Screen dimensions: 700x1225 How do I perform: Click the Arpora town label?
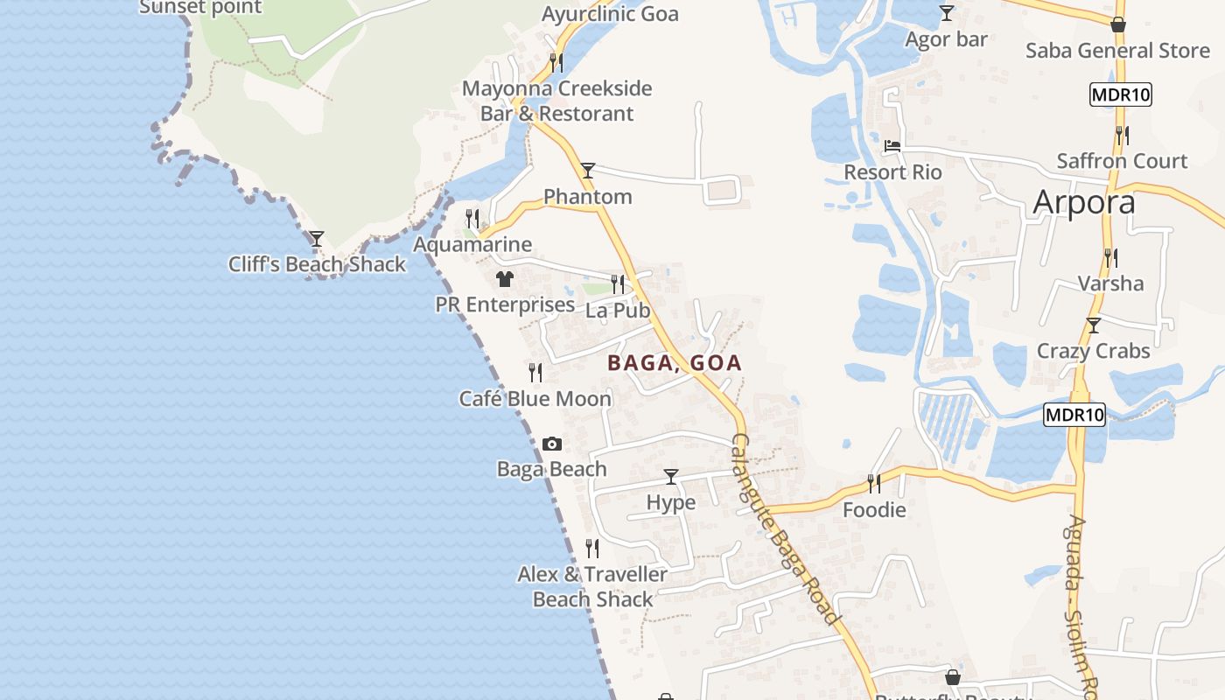pos(1084,202)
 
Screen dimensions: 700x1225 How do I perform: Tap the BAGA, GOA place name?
pos(675,363)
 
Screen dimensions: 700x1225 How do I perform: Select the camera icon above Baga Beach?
pos(551,444)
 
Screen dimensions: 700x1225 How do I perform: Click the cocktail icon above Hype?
pos(671,477)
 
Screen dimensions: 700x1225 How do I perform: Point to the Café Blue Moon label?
pos(535,399)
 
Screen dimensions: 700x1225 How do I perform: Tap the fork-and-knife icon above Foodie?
pos(873,483)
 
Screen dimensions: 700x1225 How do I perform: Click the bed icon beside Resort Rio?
pos(892,146)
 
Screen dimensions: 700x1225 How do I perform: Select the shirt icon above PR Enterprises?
pos(505,280)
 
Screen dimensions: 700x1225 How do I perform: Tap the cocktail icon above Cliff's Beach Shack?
pos(317,238)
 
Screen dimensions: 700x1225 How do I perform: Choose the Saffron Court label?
pos(1122,161)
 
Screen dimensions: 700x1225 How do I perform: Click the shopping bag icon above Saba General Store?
pos(1117,24)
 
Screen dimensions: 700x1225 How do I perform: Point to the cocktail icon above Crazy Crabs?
pos(1093,325)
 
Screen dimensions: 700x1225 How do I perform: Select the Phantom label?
pos(588,197)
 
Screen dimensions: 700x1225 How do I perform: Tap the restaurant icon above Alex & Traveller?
pos(592,549)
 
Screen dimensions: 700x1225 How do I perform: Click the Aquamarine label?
pos(472,244)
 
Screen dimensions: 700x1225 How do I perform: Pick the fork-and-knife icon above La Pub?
pos(618,284)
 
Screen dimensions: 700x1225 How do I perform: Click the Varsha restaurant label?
pos(1110,283)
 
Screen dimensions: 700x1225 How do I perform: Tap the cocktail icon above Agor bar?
pos(946,13)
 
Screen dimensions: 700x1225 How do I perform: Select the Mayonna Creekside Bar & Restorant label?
pos(556,101)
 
